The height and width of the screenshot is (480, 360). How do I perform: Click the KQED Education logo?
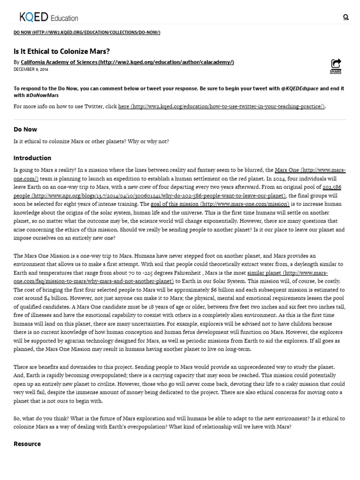pyautogui.click(x=49, y=18)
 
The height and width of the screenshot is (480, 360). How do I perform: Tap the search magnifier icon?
pyautogui.click(x=346, y=17)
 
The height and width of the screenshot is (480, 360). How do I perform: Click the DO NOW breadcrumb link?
pyautogui.click(x=87, y=32)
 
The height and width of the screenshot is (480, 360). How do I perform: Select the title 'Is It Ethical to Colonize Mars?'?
pyautogui.click(x=61, y=51)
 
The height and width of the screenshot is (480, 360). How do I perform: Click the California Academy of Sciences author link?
pyautogui.click(x=127, y=62)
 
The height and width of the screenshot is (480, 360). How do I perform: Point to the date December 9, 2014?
pyautogui.click(x=31, y=69)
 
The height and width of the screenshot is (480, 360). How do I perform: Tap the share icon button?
pyautogui.click(x=336, y=65)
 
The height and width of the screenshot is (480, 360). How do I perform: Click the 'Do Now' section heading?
pyautogui.click(x=25, y=129)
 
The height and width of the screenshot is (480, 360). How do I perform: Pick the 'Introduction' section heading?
pyautogui.click(x=32, y=158)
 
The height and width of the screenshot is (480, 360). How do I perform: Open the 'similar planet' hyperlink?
pyautogui.click(x=287, y=273)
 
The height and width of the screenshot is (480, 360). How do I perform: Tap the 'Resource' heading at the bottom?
pyautogui.click(x=27, y=444)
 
